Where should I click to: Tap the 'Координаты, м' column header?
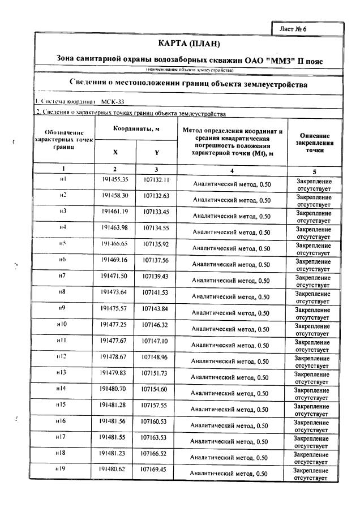(x=136, y=128)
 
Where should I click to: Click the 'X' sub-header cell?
(x=115, y=152)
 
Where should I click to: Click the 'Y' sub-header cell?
(x=157, y=152)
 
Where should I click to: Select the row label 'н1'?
(x=63, y=179)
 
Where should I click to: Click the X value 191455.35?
(x=115, y=179)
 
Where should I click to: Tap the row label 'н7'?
(x=63, y=276)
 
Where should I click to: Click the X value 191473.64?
(x=115, y=292)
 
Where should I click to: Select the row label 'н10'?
(x=62, y=324)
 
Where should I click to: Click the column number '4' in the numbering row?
(x=232, y=170)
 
